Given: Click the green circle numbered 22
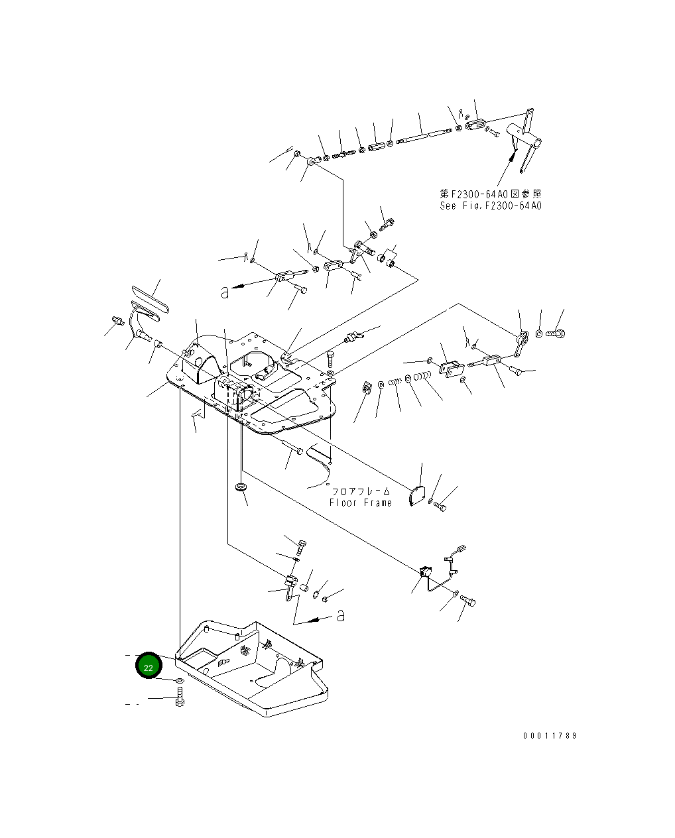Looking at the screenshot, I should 148,667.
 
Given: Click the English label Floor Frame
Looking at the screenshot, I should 361,503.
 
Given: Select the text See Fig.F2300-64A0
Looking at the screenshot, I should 491,206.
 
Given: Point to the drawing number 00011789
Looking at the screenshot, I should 550,736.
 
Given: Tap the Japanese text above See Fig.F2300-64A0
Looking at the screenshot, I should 491,194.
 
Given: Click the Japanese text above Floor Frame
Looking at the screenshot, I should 361,491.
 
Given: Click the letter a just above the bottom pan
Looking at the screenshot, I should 340,615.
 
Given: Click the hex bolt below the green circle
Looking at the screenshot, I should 180,697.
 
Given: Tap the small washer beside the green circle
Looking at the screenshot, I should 179,681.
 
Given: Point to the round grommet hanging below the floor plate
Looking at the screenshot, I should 241,488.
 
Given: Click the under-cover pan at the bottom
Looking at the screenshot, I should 252,670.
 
